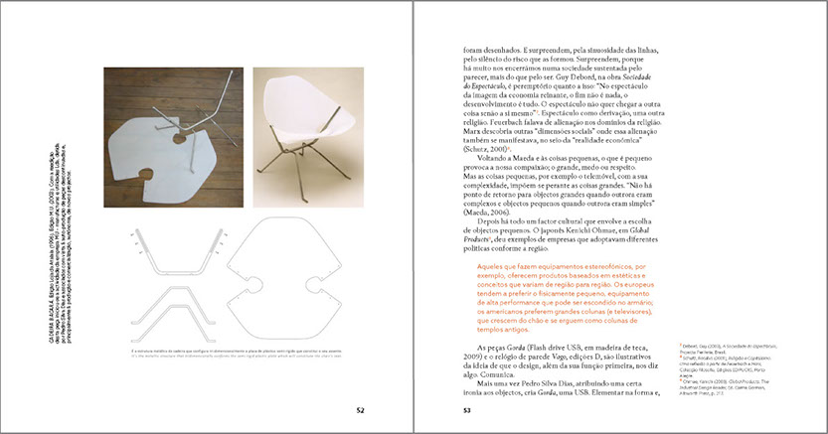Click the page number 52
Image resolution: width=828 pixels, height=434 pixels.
[x=363, y=406]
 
